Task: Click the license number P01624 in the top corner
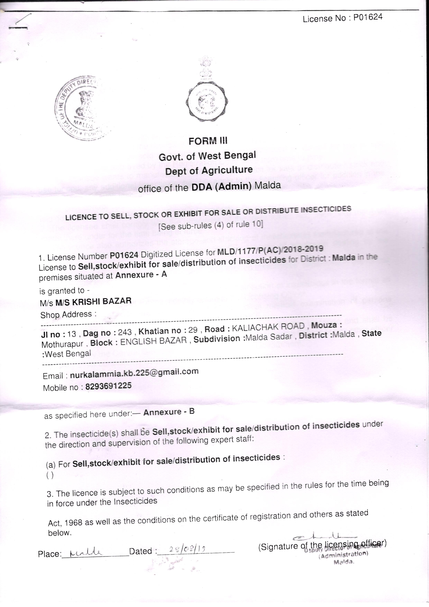pos(368,17)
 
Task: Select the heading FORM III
pos(208,141)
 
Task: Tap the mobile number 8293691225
pos(108,386)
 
